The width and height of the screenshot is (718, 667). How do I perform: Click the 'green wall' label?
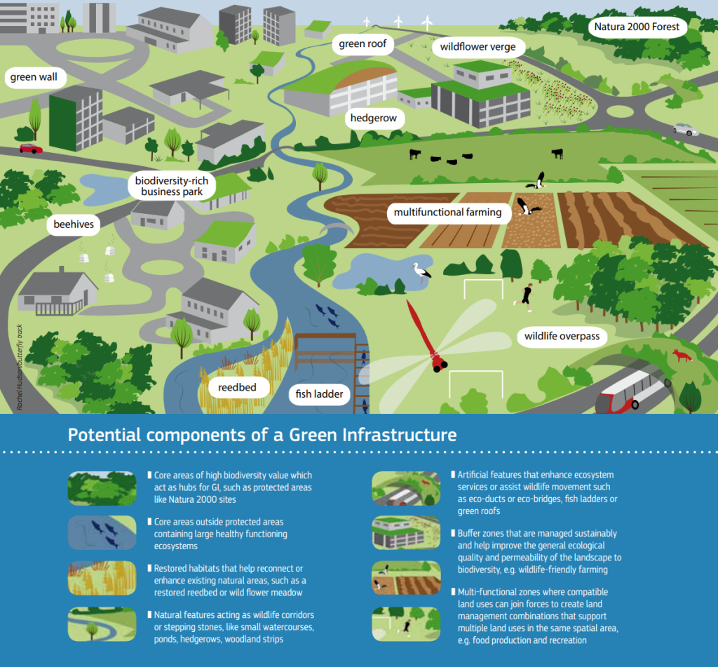34,77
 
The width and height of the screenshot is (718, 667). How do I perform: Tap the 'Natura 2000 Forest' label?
637,27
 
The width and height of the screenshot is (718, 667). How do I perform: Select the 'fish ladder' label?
319,394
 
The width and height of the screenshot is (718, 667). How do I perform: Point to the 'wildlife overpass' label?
562,337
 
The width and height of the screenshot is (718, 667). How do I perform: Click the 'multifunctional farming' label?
447,212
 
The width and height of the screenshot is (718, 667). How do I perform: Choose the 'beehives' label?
73,225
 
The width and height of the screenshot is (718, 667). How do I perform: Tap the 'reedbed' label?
238,387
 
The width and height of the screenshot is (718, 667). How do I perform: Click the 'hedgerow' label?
374,118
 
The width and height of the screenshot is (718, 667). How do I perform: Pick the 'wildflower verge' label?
477,48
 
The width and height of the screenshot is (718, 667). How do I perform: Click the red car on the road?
30,149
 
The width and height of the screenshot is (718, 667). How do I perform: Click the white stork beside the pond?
421,271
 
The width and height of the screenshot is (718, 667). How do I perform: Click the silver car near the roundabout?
685,130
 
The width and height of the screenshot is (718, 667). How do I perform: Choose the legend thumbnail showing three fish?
102,533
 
